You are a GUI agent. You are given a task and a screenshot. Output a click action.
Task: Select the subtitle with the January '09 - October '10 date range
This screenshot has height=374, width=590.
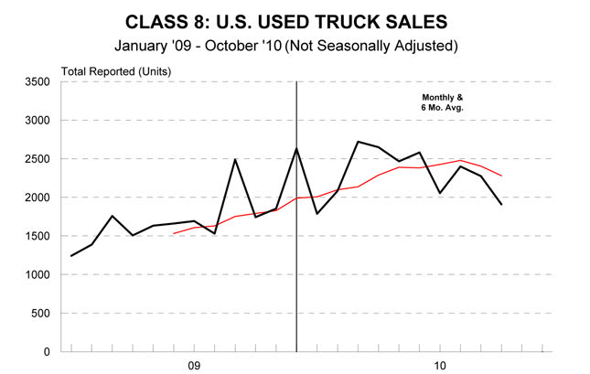pos(295,44)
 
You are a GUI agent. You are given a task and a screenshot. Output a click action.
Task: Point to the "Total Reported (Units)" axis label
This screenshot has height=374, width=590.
pos(115,70)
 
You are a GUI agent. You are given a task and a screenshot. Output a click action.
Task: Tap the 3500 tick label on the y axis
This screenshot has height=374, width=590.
pos(38,81)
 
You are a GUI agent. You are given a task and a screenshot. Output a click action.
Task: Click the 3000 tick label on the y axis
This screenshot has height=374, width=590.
pos(38,120)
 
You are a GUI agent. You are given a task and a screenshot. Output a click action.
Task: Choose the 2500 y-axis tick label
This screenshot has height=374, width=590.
pos(38,159)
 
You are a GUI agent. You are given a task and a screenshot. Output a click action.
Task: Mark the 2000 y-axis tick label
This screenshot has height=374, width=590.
pos(38,198)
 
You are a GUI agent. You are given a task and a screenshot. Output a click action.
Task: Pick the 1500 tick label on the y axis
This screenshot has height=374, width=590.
pos(38,236)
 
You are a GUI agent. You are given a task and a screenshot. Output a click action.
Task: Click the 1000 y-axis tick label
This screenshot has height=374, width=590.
pos(38,274)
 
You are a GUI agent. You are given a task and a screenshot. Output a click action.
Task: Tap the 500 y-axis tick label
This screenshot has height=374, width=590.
pos(41,314)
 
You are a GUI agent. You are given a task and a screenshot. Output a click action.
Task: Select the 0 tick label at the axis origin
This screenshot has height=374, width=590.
pos(48,352)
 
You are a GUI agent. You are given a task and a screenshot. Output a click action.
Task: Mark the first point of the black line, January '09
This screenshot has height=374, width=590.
pos(71,256)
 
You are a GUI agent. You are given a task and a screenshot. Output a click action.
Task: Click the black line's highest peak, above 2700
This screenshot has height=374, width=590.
pos(358,142)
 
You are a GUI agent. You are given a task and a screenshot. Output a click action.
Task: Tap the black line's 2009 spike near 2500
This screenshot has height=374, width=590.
pos(235,159)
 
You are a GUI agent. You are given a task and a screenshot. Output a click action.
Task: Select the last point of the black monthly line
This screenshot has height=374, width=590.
pos(501,204)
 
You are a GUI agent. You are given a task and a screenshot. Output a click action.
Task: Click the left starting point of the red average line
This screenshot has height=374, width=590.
pos(174,233)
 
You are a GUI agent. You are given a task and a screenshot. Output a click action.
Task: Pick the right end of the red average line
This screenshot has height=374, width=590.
pos(501,176)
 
